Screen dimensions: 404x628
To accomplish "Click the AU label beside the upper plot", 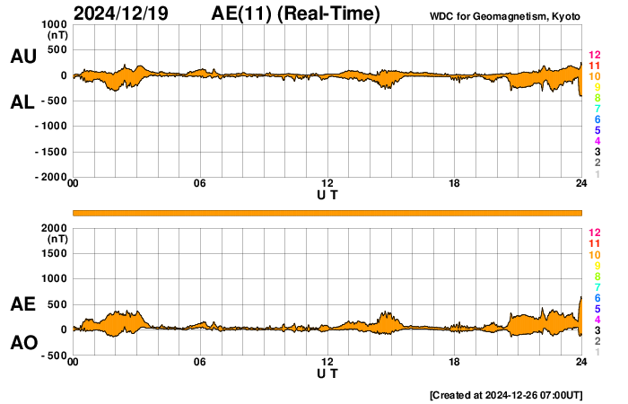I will tap(22, 57).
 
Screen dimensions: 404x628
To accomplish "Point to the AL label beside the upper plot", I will tap(22, 102).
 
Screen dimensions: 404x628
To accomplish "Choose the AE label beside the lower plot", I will tap(22, 304).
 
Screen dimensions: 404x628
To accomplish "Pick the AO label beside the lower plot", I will tap(22, 343).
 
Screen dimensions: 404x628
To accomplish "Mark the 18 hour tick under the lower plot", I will tap(455, 362).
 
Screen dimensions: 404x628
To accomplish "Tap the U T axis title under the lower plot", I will tap(327, 373).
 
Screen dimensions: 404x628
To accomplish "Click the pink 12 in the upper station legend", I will tap(593, 56).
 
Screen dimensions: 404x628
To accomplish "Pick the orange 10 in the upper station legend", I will tap(593, 77).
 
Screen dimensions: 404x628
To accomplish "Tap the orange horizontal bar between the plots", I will tap(327, 213).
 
